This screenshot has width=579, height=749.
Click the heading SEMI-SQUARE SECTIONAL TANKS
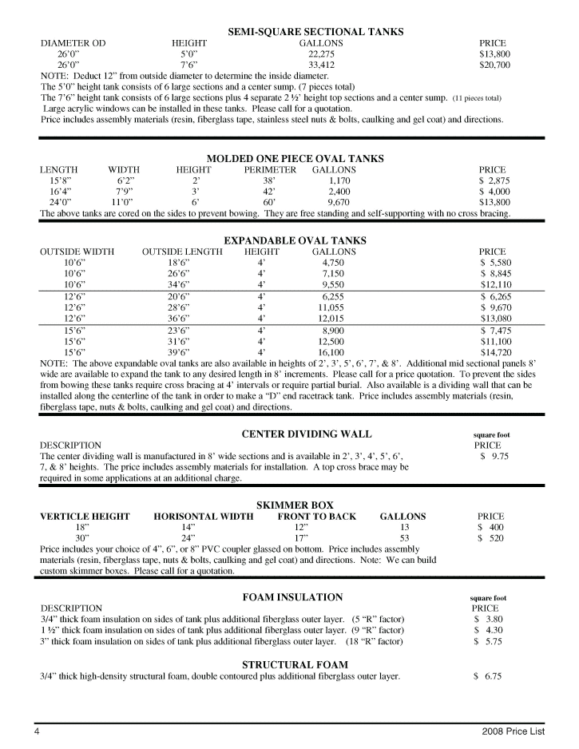click(x=315, y=32)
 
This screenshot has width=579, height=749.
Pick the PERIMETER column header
click(x=270, y=170)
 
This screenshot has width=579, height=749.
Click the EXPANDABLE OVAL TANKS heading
click(x=295, y=240)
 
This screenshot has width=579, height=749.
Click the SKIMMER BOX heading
click(x=295, y=505)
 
